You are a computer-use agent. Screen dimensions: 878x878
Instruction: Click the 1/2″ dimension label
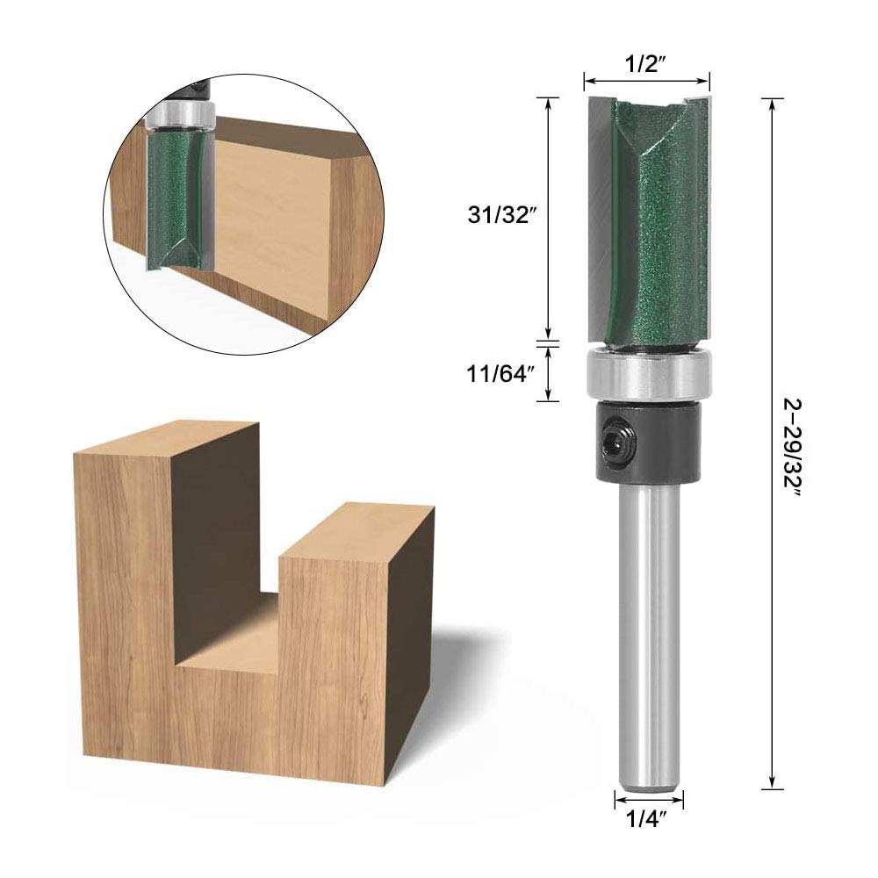[645, 64]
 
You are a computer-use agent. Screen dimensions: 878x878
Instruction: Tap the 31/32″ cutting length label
[499, 214]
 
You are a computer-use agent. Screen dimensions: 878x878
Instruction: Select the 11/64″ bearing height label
[498, 373]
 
